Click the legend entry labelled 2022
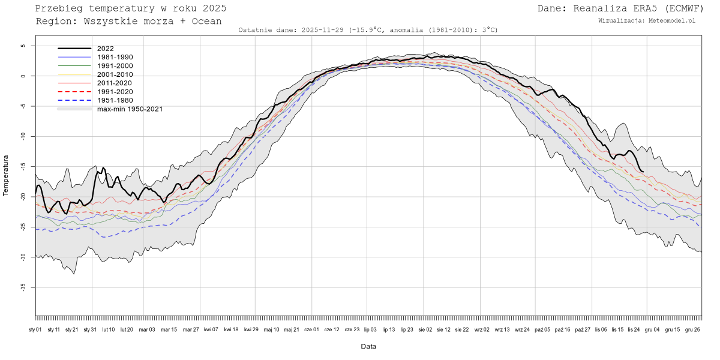coord(105,49)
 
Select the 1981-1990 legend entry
coord(115,57)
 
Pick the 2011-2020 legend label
coord(115,83)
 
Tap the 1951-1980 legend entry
coord(115,100)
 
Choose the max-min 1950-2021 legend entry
coord(130,109)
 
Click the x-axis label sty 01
coord(35,329)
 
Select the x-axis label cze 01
coord(311,329)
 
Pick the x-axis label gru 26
coord(693,329)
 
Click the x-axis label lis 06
coord(600,329)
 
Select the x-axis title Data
coord(368,346)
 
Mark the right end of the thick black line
coord(643,172)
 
